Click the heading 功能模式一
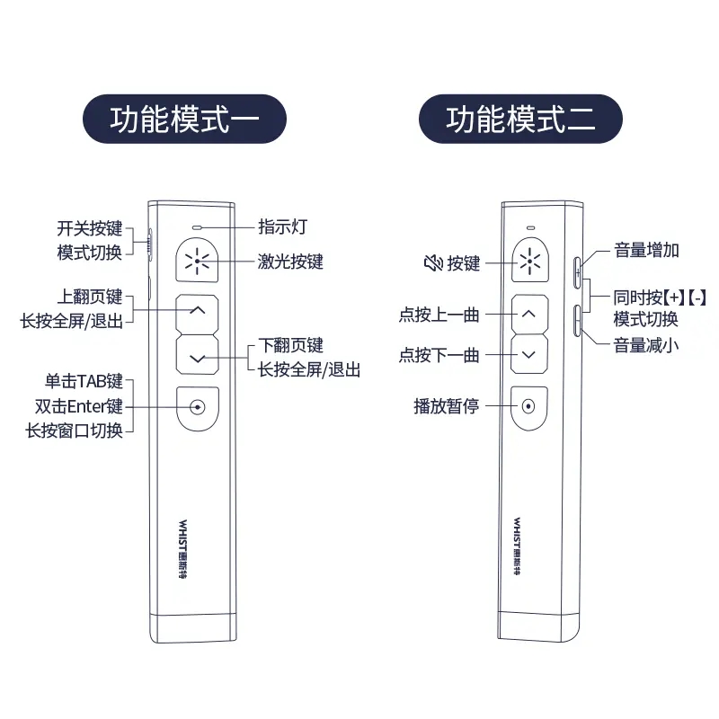pos(184,120)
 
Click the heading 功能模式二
pos(520,120)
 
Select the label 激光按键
pos(290,262)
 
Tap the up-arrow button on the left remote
pos(199,311)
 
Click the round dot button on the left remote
pos(198,406)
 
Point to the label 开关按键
pos(89,229)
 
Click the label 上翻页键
pos(89,297)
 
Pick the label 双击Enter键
pos(78,406)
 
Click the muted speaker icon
pos(433,263)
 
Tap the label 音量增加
pos(646,250)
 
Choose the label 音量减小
pos(646,345)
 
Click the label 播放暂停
pos(447,406)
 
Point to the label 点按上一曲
pos(439,315)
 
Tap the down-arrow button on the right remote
pos(529,354)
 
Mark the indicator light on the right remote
pos(529,226)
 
